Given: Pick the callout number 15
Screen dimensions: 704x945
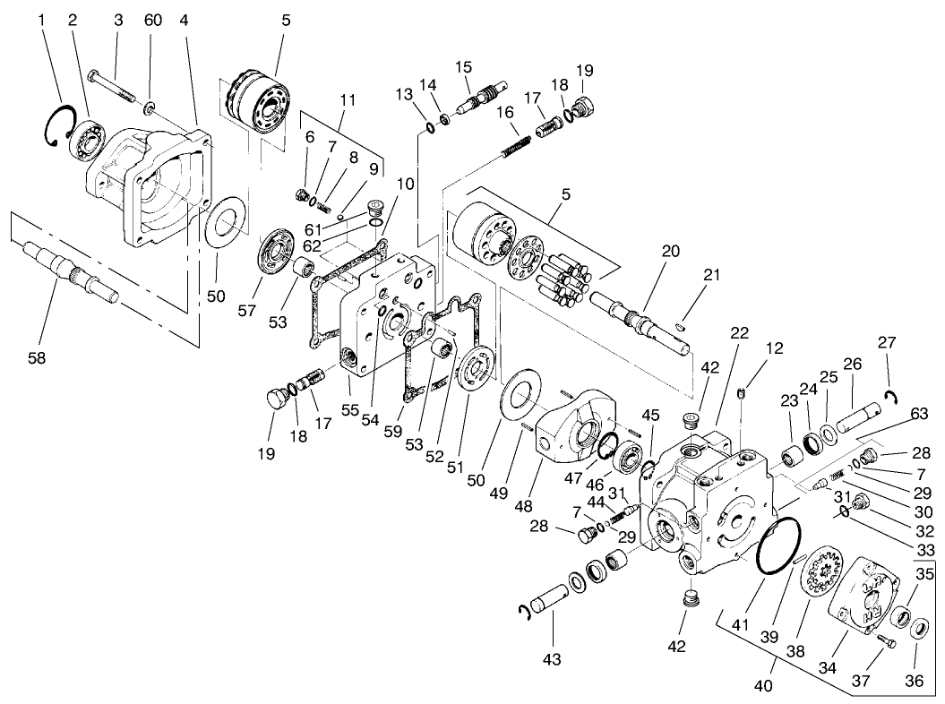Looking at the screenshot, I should pyautogui.click(x=463, y=67).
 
